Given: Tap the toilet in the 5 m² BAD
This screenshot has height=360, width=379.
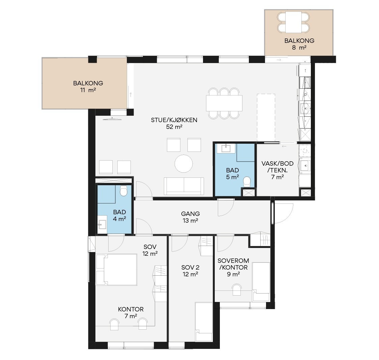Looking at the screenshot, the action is pos(247,182).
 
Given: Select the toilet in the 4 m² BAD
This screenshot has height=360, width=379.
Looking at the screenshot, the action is pos(123,191).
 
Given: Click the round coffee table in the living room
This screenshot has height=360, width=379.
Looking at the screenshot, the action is pos(184,164).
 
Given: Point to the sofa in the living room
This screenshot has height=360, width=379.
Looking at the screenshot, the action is pos(184,186).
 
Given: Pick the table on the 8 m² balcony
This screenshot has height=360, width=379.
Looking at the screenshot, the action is pos(293,22).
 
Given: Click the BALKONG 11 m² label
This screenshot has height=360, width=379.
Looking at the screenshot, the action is pos(88,87).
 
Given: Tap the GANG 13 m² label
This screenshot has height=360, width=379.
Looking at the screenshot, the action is pos(191,217).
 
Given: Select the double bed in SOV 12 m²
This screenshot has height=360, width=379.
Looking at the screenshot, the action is pos(117,270).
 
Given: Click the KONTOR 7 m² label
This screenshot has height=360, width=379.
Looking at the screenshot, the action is pos(131,312).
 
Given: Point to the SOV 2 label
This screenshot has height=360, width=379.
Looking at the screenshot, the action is pos(191,268).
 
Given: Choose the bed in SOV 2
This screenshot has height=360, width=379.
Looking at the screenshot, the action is pos(204,322).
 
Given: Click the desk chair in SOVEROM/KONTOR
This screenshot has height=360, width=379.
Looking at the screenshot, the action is pos(237,289).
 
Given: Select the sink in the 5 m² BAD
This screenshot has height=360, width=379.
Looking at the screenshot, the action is pos(226,148).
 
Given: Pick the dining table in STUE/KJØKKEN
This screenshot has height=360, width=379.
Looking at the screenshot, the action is pos(224,103).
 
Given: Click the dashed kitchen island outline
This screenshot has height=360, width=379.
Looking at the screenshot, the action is pos(266,117).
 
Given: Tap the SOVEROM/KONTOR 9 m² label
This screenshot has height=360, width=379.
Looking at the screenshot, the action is pos(233,267).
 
